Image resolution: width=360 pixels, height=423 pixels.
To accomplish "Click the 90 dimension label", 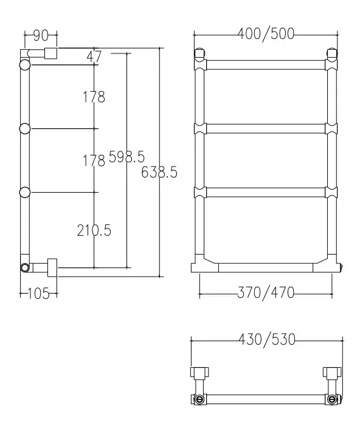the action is click(41, 36).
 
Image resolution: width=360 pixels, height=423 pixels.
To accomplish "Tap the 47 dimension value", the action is click(94, 57).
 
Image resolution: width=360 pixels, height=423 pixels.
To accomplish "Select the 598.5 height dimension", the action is click(126, 157).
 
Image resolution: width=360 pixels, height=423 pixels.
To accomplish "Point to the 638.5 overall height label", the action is click(159, 172).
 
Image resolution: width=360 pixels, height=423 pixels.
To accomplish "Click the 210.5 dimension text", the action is click(94, 231).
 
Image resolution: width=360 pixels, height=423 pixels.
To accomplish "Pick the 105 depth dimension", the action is click(38, 294).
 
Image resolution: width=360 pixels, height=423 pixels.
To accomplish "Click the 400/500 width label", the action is click(266, 33).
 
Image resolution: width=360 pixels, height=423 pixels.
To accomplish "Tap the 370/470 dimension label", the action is click(266, 293).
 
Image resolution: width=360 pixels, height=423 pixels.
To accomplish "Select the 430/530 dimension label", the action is click(267, 340).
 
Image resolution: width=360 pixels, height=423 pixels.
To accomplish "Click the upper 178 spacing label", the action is click(94, 97).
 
